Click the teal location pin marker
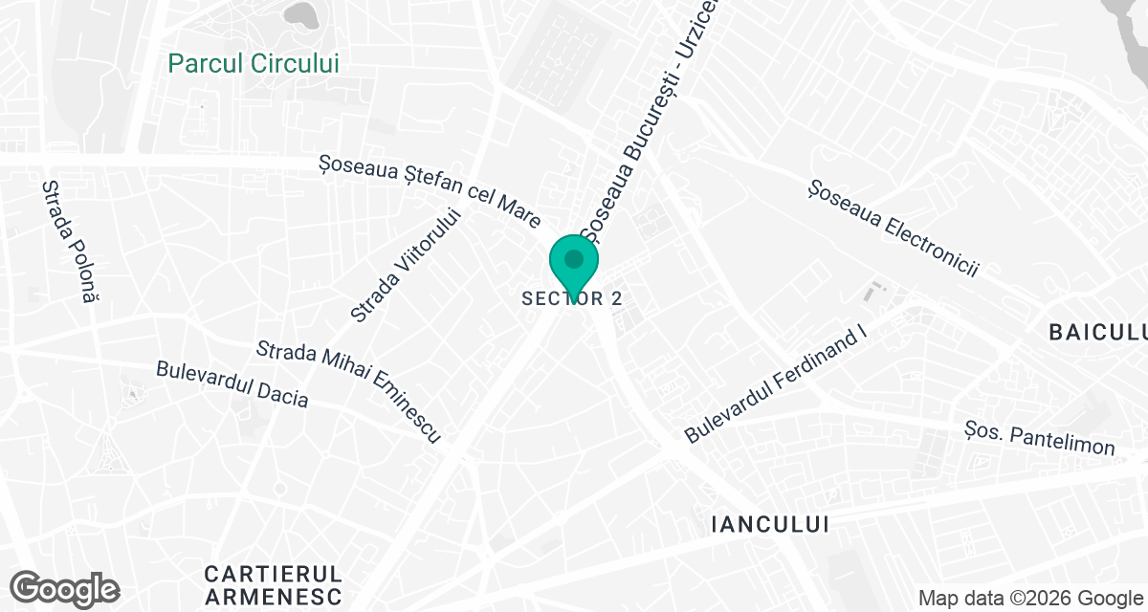click(574, 267)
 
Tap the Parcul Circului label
click(254, 63)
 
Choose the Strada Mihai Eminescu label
click(348, 391)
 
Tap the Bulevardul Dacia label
click(232, 383)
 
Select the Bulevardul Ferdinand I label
click(775, 382)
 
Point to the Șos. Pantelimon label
click(1040, 437)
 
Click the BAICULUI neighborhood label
click(1097, 333)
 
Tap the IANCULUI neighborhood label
click(771, 524)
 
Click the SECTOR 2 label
click(572, 298)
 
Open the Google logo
click(64, 588)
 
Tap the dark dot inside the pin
click(574, 258)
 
